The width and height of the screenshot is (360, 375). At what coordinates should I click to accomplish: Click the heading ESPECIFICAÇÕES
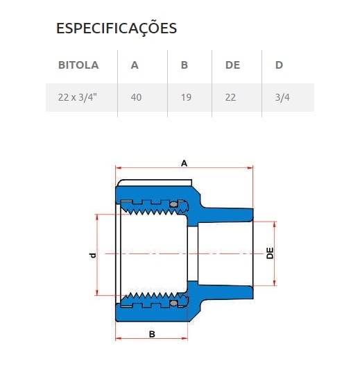[116, 28]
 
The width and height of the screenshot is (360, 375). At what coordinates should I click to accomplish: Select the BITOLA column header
[78, 65]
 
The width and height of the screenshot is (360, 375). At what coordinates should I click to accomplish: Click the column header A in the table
[135, 65]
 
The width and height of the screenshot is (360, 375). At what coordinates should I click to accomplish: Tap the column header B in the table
[185, 65]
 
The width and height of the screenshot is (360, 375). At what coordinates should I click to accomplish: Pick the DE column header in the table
[232, 65]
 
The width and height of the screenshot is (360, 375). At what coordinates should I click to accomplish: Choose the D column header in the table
[278, 65]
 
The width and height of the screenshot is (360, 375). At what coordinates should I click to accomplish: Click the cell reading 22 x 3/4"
[77, 97]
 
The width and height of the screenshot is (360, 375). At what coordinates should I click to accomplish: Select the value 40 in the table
[136, 97]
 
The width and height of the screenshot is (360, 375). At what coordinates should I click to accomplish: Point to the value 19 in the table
[186, 97]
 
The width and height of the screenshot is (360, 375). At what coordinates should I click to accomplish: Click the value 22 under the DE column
[230, 97]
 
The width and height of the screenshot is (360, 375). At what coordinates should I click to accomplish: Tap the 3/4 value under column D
[282, 97]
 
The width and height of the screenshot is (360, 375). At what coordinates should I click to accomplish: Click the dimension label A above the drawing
[184, 162]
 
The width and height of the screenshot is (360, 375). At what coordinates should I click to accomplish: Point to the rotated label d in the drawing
[92, 255]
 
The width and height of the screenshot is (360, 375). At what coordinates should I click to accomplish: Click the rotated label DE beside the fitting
[270, 253]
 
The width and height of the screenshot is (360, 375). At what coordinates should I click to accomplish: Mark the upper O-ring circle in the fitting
[171, 204]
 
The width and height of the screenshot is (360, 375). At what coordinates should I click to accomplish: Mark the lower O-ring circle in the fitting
[171, 303]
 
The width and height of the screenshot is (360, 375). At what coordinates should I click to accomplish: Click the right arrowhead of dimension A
[250, 167]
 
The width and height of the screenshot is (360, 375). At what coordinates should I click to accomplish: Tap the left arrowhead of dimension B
[118, 338]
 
